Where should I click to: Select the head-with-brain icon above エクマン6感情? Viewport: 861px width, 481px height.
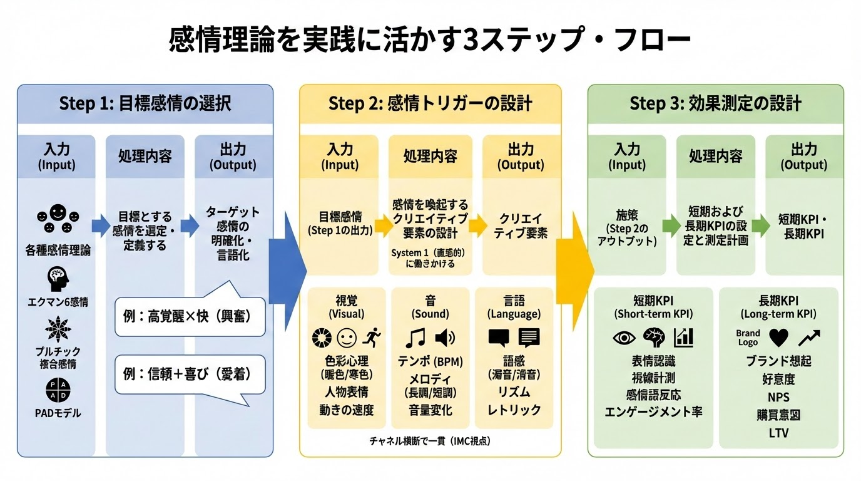pos(58,279)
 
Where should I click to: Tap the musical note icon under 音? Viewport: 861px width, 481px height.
pos(415,338)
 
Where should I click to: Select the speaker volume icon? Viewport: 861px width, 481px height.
pos(445,338)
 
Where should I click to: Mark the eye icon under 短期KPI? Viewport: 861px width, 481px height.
pos(624,338)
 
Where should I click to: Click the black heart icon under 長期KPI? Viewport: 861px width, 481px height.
pos(778,338)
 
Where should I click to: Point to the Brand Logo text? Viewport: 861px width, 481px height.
pos(748,338)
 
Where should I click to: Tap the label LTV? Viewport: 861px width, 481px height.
pos(778,433)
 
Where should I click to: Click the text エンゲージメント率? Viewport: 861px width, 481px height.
pos(653,411)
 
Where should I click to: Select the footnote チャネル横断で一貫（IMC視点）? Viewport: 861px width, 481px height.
pos(430,441)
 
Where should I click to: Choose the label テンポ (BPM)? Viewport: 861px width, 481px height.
pos(430,361)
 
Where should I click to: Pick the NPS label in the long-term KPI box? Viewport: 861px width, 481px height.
pos(778,396)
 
